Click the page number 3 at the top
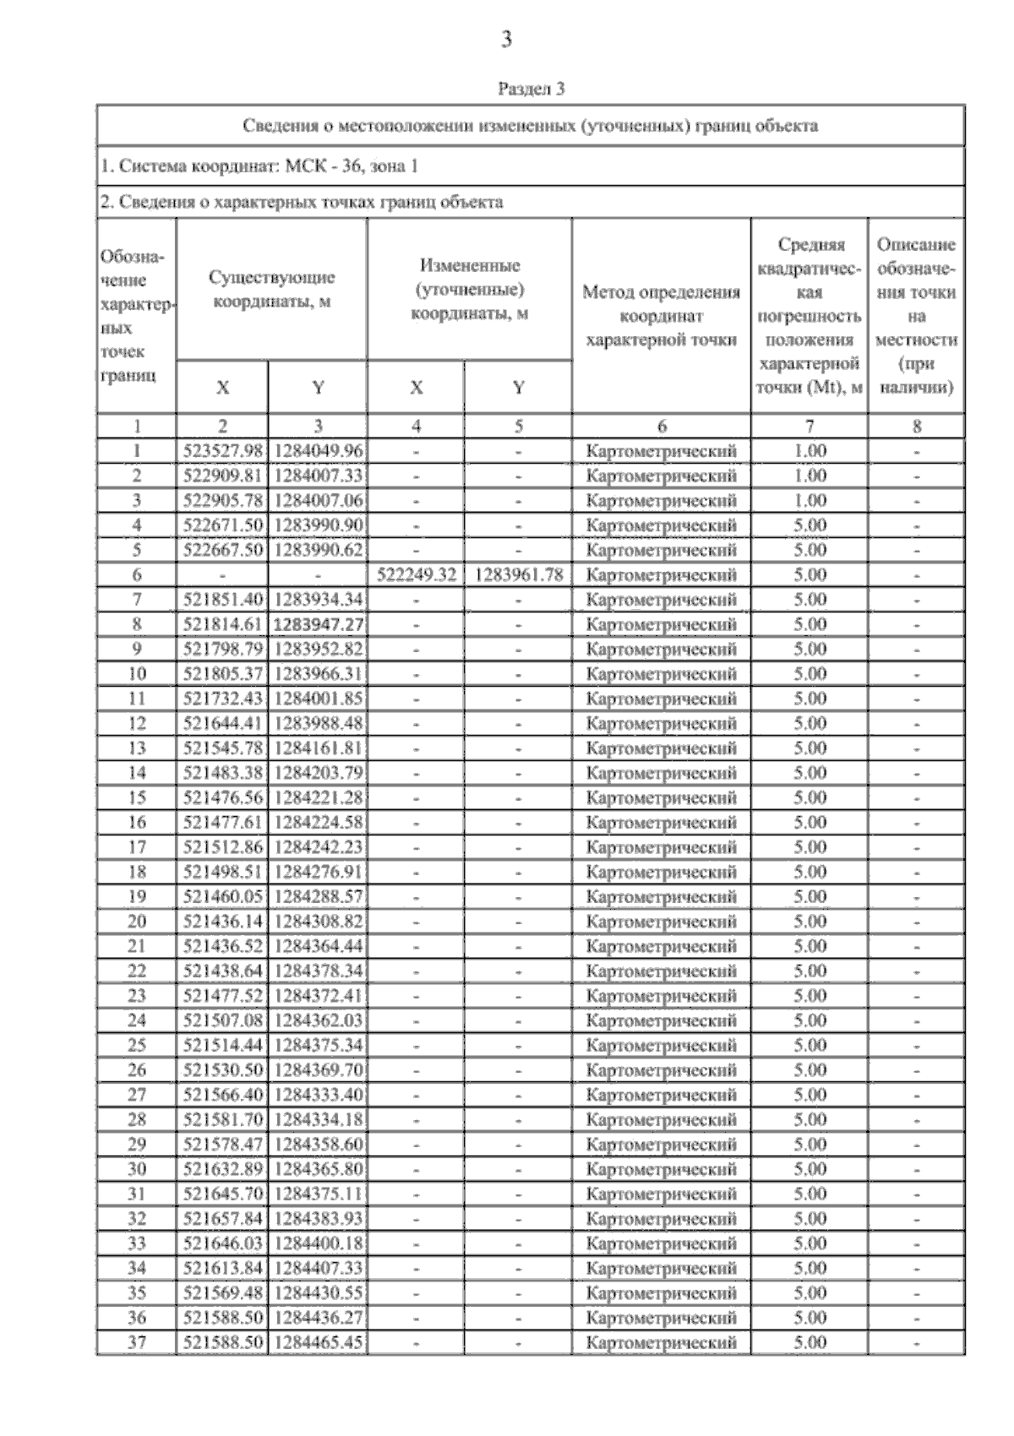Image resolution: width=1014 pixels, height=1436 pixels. click(x=506, y=39)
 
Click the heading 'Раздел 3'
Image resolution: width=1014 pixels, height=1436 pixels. click(x=531, y=88)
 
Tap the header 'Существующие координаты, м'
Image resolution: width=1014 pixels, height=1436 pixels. click(x=271, y=289)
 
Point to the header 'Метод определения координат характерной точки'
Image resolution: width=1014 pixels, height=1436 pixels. click(x=661, y=316)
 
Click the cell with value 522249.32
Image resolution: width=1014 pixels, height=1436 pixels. click(x=416, y=575)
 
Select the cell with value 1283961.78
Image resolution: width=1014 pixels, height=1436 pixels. click(x=518, y=575)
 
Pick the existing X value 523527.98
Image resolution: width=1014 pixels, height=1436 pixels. click(x=223, y=451)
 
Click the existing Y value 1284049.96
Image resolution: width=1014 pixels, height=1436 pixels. click(x=318, y=451)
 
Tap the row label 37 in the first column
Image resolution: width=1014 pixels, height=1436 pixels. click(x=136, y=1342)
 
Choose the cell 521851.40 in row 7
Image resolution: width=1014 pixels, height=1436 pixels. click(x=223, y=600)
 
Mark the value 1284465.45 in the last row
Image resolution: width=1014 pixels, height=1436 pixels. click(x=318, y=1342)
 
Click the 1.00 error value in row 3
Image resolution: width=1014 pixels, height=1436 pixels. click(x=810, y=501)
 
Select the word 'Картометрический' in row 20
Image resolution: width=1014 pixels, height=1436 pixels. click(x=661, y=922)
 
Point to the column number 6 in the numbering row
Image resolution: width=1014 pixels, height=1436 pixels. click(x=661, y=427)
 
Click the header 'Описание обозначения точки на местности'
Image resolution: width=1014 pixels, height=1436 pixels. click(x=916, y=316)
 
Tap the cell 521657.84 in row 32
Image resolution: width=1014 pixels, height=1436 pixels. click(x=223, y=1219)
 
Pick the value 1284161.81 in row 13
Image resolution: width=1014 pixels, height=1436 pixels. click(x=318, y=748)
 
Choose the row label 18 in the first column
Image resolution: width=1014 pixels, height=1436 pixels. click(x=136, y=872)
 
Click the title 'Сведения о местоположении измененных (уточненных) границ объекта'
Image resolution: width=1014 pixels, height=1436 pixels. click(x=531, y=126)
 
